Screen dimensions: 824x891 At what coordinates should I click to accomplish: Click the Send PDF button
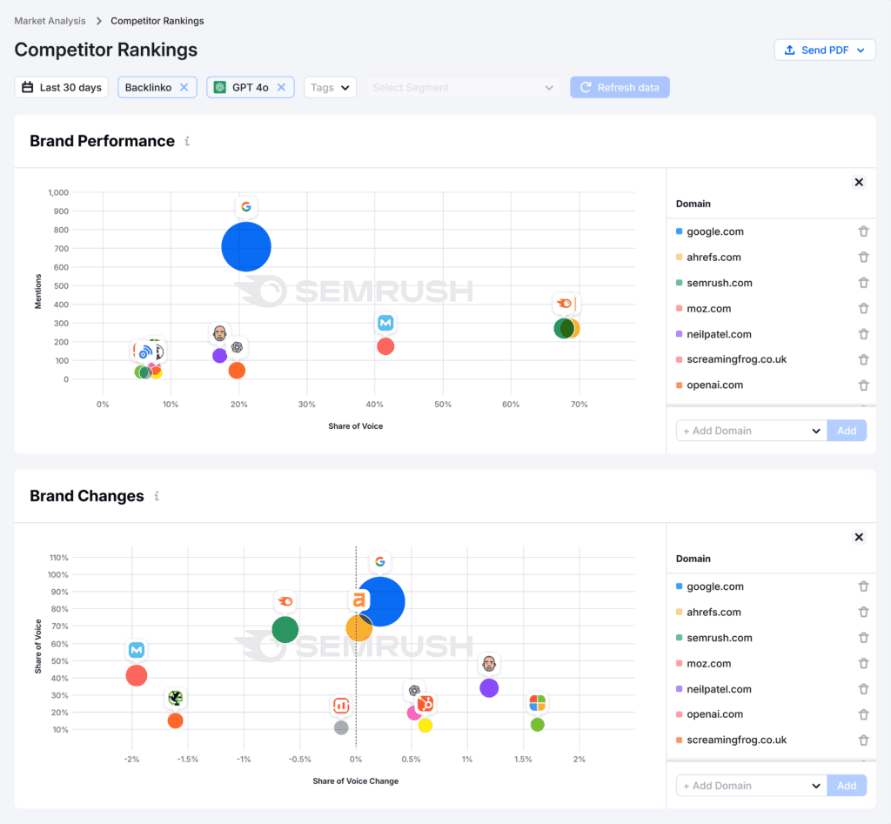(824, 50)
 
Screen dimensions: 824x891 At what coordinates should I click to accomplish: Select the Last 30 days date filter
(62, 87)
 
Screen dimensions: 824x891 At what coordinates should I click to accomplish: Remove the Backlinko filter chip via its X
(184, 87)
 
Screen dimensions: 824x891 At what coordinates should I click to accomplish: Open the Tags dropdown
(330, 87)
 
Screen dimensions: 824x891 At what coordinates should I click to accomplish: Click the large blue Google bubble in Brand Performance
(246, 247)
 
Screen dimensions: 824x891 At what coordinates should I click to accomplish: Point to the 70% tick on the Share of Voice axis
(579, 405)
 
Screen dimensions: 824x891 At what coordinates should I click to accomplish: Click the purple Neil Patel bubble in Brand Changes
(489, 688)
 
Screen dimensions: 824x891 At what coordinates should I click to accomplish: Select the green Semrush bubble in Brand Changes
(285, 629)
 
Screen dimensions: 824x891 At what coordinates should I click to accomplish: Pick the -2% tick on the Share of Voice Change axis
(131, 760)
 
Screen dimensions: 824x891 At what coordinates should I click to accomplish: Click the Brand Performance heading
(102, 141)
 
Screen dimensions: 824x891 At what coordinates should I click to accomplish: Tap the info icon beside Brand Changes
(157, 496)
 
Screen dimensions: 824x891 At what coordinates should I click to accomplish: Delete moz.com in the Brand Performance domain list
(863, 308)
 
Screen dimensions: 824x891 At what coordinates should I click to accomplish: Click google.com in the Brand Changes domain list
(715, 586)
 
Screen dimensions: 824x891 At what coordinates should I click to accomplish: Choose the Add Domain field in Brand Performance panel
(751, 431)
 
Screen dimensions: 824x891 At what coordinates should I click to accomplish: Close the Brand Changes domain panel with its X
(859, 537)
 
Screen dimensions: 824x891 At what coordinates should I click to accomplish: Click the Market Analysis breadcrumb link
(50, 20)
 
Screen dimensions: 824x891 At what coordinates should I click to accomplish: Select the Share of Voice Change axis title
(355, 781)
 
